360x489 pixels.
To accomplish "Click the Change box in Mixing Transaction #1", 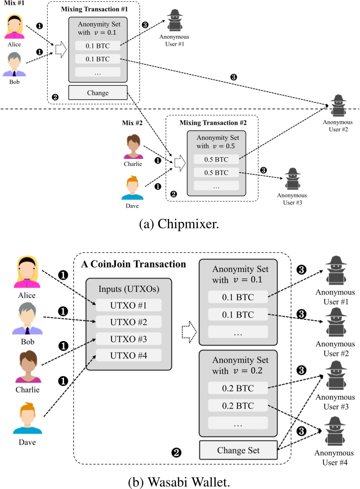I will tap(98, 93).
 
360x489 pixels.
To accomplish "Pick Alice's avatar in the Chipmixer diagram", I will tap(15, 28).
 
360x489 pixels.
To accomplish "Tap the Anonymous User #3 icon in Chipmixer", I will tap(292, 178).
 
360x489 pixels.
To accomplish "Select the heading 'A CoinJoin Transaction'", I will tap(134, 264).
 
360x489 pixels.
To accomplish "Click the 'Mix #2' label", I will tap(133, 122).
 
